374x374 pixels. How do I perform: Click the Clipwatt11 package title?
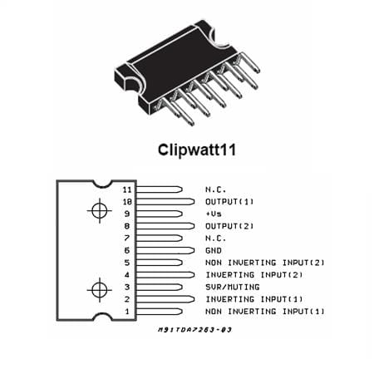pos(197,150)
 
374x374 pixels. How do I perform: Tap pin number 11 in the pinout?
pos(127,189)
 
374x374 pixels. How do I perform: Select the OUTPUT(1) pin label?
pos(229,202)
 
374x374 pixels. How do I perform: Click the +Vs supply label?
pos(214,214)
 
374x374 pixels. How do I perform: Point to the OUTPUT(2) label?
pos(229,226)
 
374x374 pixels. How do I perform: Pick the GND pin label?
pos(214,250)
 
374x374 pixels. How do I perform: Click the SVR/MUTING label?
pos(233,287)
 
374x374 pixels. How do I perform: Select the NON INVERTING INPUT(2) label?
pos(265,263)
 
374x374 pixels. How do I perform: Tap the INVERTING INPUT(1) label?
pos(254,299)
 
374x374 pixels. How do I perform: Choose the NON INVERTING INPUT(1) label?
pos(265,312)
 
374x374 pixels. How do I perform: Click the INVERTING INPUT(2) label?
pos(254,275)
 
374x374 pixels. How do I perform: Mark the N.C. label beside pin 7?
pos(215,239)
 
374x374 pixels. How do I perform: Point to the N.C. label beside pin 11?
pos(215,189)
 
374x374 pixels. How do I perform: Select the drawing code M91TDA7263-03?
pos(194,330)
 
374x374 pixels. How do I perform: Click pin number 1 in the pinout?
pos(127,312)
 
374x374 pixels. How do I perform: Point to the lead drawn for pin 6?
pos(165,250)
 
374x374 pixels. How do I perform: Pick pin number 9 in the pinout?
pos(127,214)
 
